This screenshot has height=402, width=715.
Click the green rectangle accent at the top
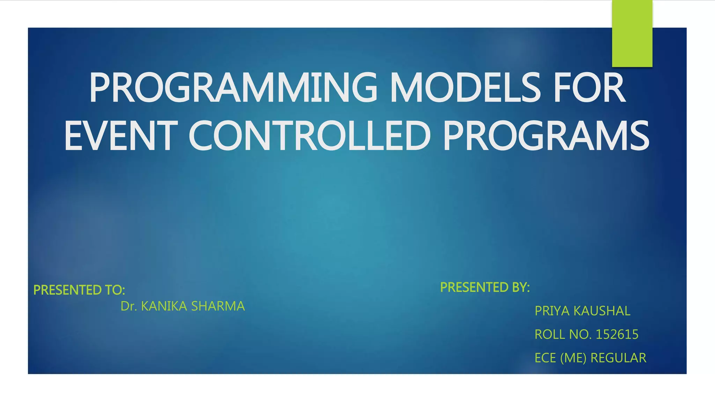click(632, 33)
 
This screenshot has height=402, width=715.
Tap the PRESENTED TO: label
click(79, 290)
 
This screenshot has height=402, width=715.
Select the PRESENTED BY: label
click(485, 287)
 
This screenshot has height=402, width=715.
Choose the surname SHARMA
click(218, 306)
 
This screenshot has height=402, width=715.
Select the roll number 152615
click(617, 334)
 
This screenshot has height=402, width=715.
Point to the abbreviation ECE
click(545, 358)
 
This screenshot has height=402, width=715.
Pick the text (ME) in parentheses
click(573, 358)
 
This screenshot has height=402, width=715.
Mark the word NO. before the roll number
click(580, 334)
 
